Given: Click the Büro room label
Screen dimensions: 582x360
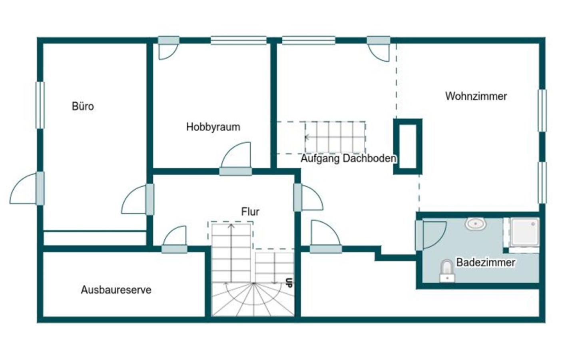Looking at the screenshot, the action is [83, 106].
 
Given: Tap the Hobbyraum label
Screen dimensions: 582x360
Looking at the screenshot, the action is [213, 127].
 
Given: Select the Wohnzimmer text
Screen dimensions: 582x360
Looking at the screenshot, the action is [476, 96].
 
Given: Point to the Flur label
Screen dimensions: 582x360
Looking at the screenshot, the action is [250, 212].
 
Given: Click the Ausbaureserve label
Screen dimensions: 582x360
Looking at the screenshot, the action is [116, 290].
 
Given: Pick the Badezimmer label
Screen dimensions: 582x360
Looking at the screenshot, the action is [486, 262].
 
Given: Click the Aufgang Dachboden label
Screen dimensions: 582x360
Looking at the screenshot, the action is [349, 158].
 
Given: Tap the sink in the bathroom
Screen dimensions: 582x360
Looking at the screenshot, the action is [476, 224].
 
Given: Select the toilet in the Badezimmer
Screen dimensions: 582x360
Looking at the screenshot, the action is [447, 271].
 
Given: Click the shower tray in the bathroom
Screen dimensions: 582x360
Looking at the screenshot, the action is [524, 232].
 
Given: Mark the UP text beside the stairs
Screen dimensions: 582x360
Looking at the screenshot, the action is [289, 283].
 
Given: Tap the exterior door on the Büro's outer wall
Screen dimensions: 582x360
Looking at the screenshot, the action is [27, 188].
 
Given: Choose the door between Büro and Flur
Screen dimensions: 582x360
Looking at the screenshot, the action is [138, 200].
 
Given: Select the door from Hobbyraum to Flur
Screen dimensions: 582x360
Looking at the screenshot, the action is [236, 159].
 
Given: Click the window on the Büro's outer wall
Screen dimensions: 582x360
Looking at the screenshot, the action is [40, 105].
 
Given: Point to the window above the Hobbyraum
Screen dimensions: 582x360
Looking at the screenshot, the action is [239, 40].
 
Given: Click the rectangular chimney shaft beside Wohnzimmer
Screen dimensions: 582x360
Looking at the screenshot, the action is [407, 146].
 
